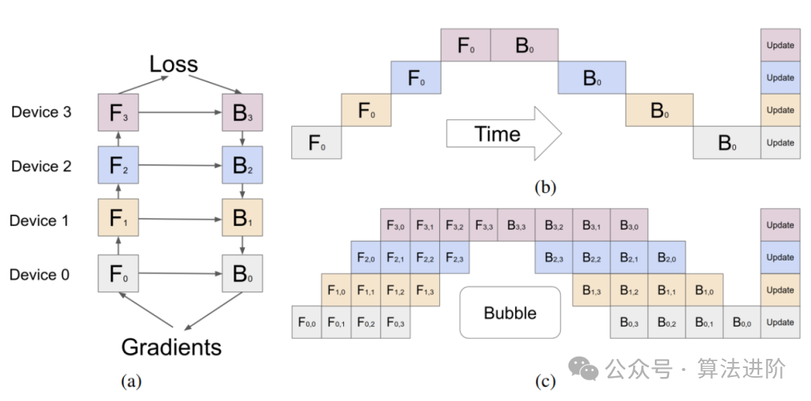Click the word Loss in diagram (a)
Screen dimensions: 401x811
pos(173,65)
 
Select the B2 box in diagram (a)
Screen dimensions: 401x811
pos(242,167)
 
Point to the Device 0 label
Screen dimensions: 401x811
pos(40,275)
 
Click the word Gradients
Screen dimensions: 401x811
pos(172,347)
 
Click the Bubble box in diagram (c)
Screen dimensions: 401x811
pos(510,312)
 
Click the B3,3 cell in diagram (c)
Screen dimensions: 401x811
pos(516,225)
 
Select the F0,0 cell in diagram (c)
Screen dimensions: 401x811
pos(306,323)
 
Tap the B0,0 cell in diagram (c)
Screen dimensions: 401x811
pos(741,323)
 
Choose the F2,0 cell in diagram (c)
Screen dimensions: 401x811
pos(366,258)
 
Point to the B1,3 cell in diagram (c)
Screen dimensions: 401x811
pos(591,290)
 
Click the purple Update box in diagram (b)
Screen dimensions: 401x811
pos(780,45)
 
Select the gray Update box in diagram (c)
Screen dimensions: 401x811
pos(780,323)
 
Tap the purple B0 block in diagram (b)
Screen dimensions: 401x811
pos(524,45)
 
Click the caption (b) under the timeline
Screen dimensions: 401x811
pos(545,187)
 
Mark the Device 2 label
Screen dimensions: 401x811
pos(41,167)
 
